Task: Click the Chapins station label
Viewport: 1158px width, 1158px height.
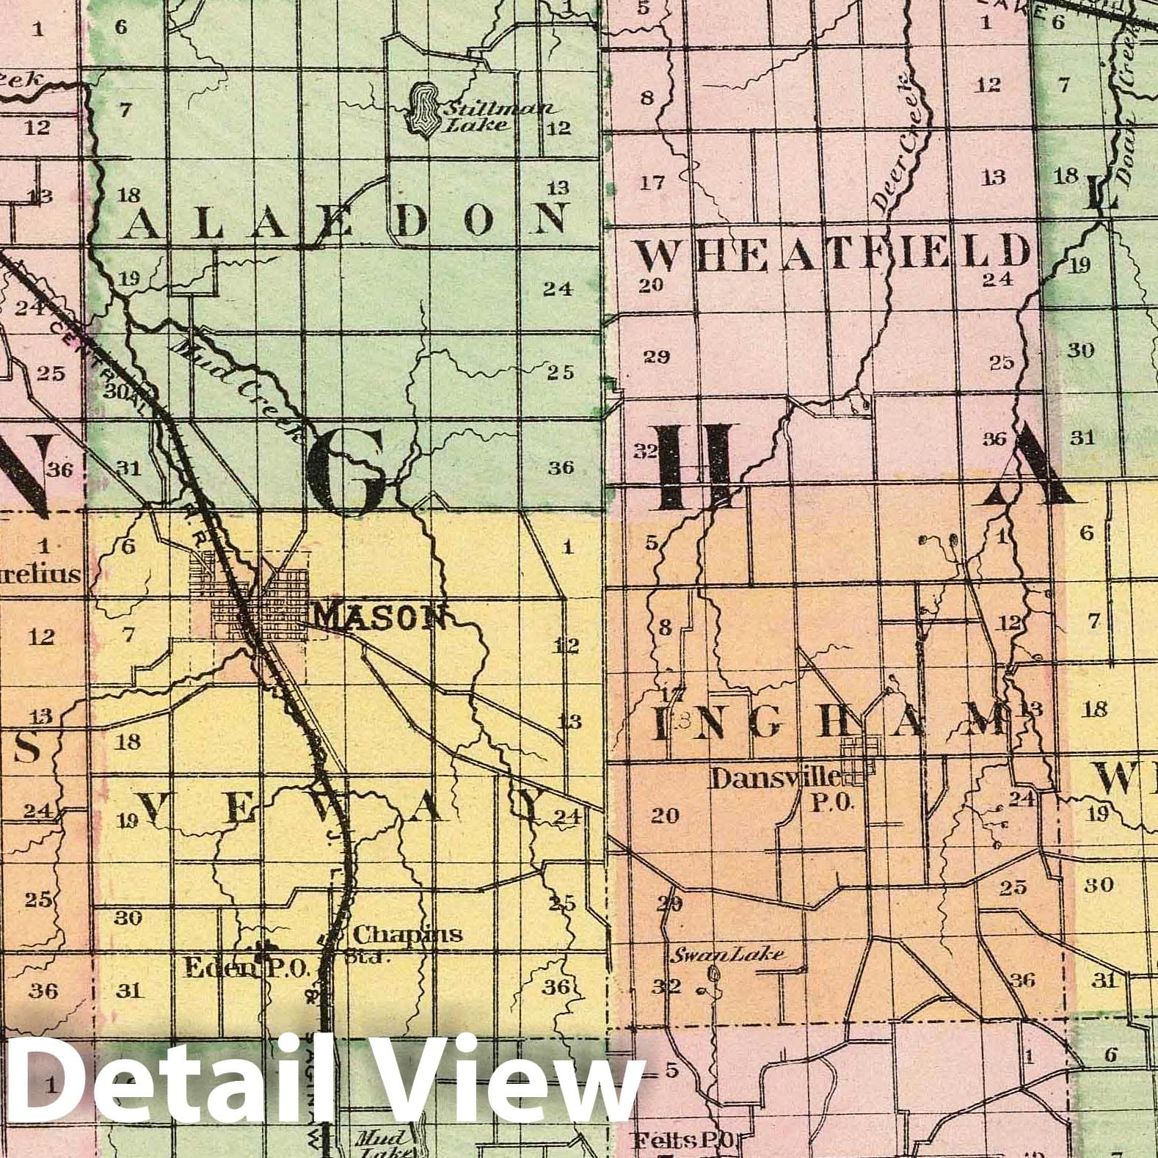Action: (407, 935)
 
